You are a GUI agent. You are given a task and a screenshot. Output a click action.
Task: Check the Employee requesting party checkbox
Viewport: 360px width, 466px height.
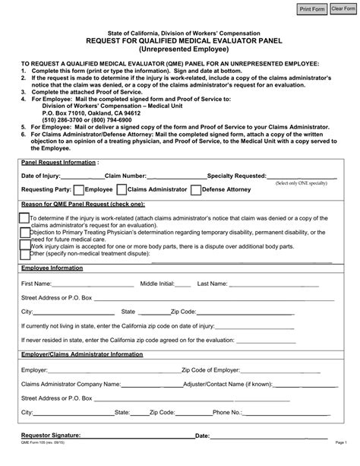pos(77,189)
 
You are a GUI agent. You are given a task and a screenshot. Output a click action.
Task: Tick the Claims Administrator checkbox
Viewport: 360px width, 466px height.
pos(122,189)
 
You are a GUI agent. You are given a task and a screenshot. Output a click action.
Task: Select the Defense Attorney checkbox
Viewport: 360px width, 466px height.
pos(197,189)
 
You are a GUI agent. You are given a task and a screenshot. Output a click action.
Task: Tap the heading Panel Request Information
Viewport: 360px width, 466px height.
pos(59,163)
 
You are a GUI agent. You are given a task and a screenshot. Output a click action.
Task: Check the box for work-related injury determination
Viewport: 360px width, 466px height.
pos(24,217)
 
